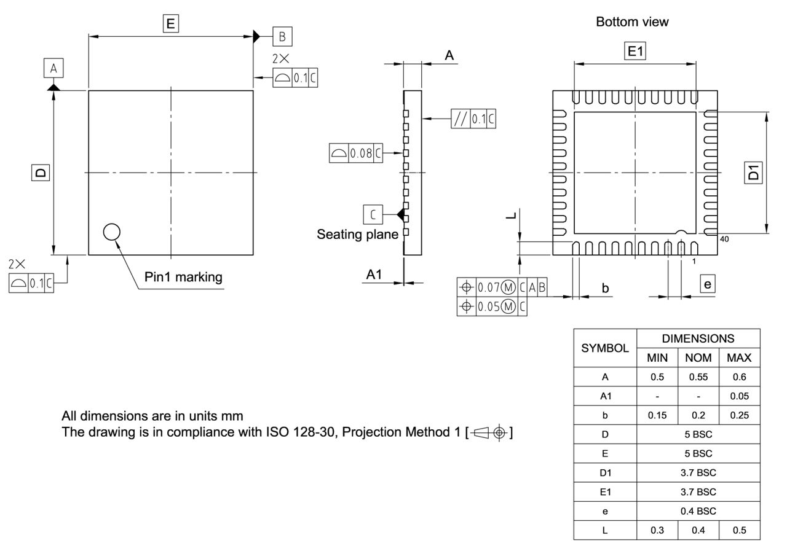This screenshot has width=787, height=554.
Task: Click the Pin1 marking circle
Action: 111,232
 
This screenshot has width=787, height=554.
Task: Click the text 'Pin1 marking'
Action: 183,277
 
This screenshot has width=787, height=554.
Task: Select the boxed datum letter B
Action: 282,36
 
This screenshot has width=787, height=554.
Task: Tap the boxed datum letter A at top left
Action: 53,69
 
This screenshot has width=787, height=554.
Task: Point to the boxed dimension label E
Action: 170,24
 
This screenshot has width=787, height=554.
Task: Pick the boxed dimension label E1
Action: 635,52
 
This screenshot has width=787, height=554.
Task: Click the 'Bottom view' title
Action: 632,22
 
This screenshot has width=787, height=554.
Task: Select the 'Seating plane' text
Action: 357,235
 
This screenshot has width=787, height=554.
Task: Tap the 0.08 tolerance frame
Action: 356,154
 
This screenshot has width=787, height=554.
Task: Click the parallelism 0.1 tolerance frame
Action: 473,119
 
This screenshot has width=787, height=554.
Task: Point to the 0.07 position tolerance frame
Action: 502,287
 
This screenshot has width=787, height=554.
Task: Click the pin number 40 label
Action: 724,239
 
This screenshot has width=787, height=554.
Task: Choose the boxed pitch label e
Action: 708,284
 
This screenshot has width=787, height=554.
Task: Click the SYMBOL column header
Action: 605,348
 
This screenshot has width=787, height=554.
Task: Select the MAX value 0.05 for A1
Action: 739,396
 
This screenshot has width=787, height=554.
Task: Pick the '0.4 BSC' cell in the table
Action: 698,511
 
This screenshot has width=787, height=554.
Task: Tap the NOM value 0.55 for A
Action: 698,377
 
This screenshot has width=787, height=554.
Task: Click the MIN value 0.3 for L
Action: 657,530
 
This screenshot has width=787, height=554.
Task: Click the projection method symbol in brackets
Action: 489,432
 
